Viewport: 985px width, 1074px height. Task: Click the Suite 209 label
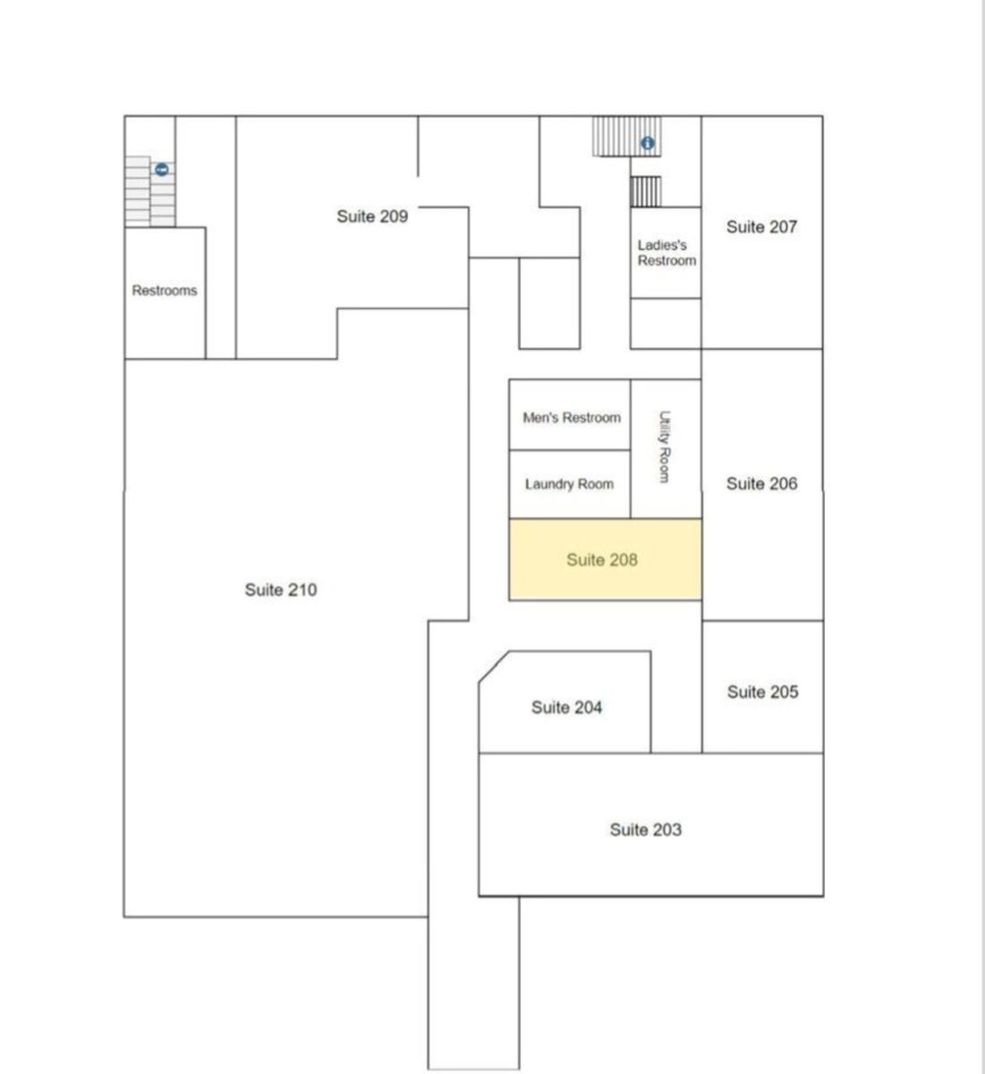pyautogui.click(x=372, y=217)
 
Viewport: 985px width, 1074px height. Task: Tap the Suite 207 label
pyautogui.click(x=761, y=227)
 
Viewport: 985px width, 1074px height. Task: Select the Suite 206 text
pyautogui.click(x=761, y=484)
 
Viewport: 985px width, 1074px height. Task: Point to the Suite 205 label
pyautogui.click(x=762, y=692)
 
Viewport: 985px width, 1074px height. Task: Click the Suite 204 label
pyautogui.click(x=566, y=708)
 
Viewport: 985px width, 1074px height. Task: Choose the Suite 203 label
pyautogui.click(x=646, y=830)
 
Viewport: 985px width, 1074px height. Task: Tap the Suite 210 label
pyautogui.click(x=281, y=590)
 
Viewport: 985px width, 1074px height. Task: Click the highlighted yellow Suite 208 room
pyautogui.click(x=605, y=559)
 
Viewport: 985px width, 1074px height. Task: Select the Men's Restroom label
pyautogui.click(x=572, y=418)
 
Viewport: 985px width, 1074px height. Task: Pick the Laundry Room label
pyautogui.click(x=569, y=484)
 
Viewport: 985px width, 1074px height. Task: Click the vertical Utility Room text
pyautogui.click(x=665, y=447)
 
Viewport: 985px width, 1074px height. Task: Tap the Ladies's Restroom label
pyautogui.click(x=667, y=252)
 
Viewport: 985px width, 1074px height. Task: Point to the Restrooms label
pyautogui.click(x=165, y=290)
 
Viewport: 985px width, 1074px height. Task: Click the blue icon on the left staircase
pyautogui.click(x=162, y=170)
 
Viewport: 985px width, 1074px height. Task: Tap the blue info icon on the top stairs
pyautogui.click(x=647, y=143)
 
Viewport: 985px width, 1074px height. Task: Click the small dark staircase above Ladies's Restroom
pyautogui.click(x=646, y=192)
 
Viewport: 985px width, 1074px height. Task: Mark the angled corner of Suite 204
pyautogui.click(x=494, y=667)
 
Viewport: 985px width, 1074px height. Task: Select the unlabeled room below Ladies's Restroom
pyautogui.click(x=666, y=323)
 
